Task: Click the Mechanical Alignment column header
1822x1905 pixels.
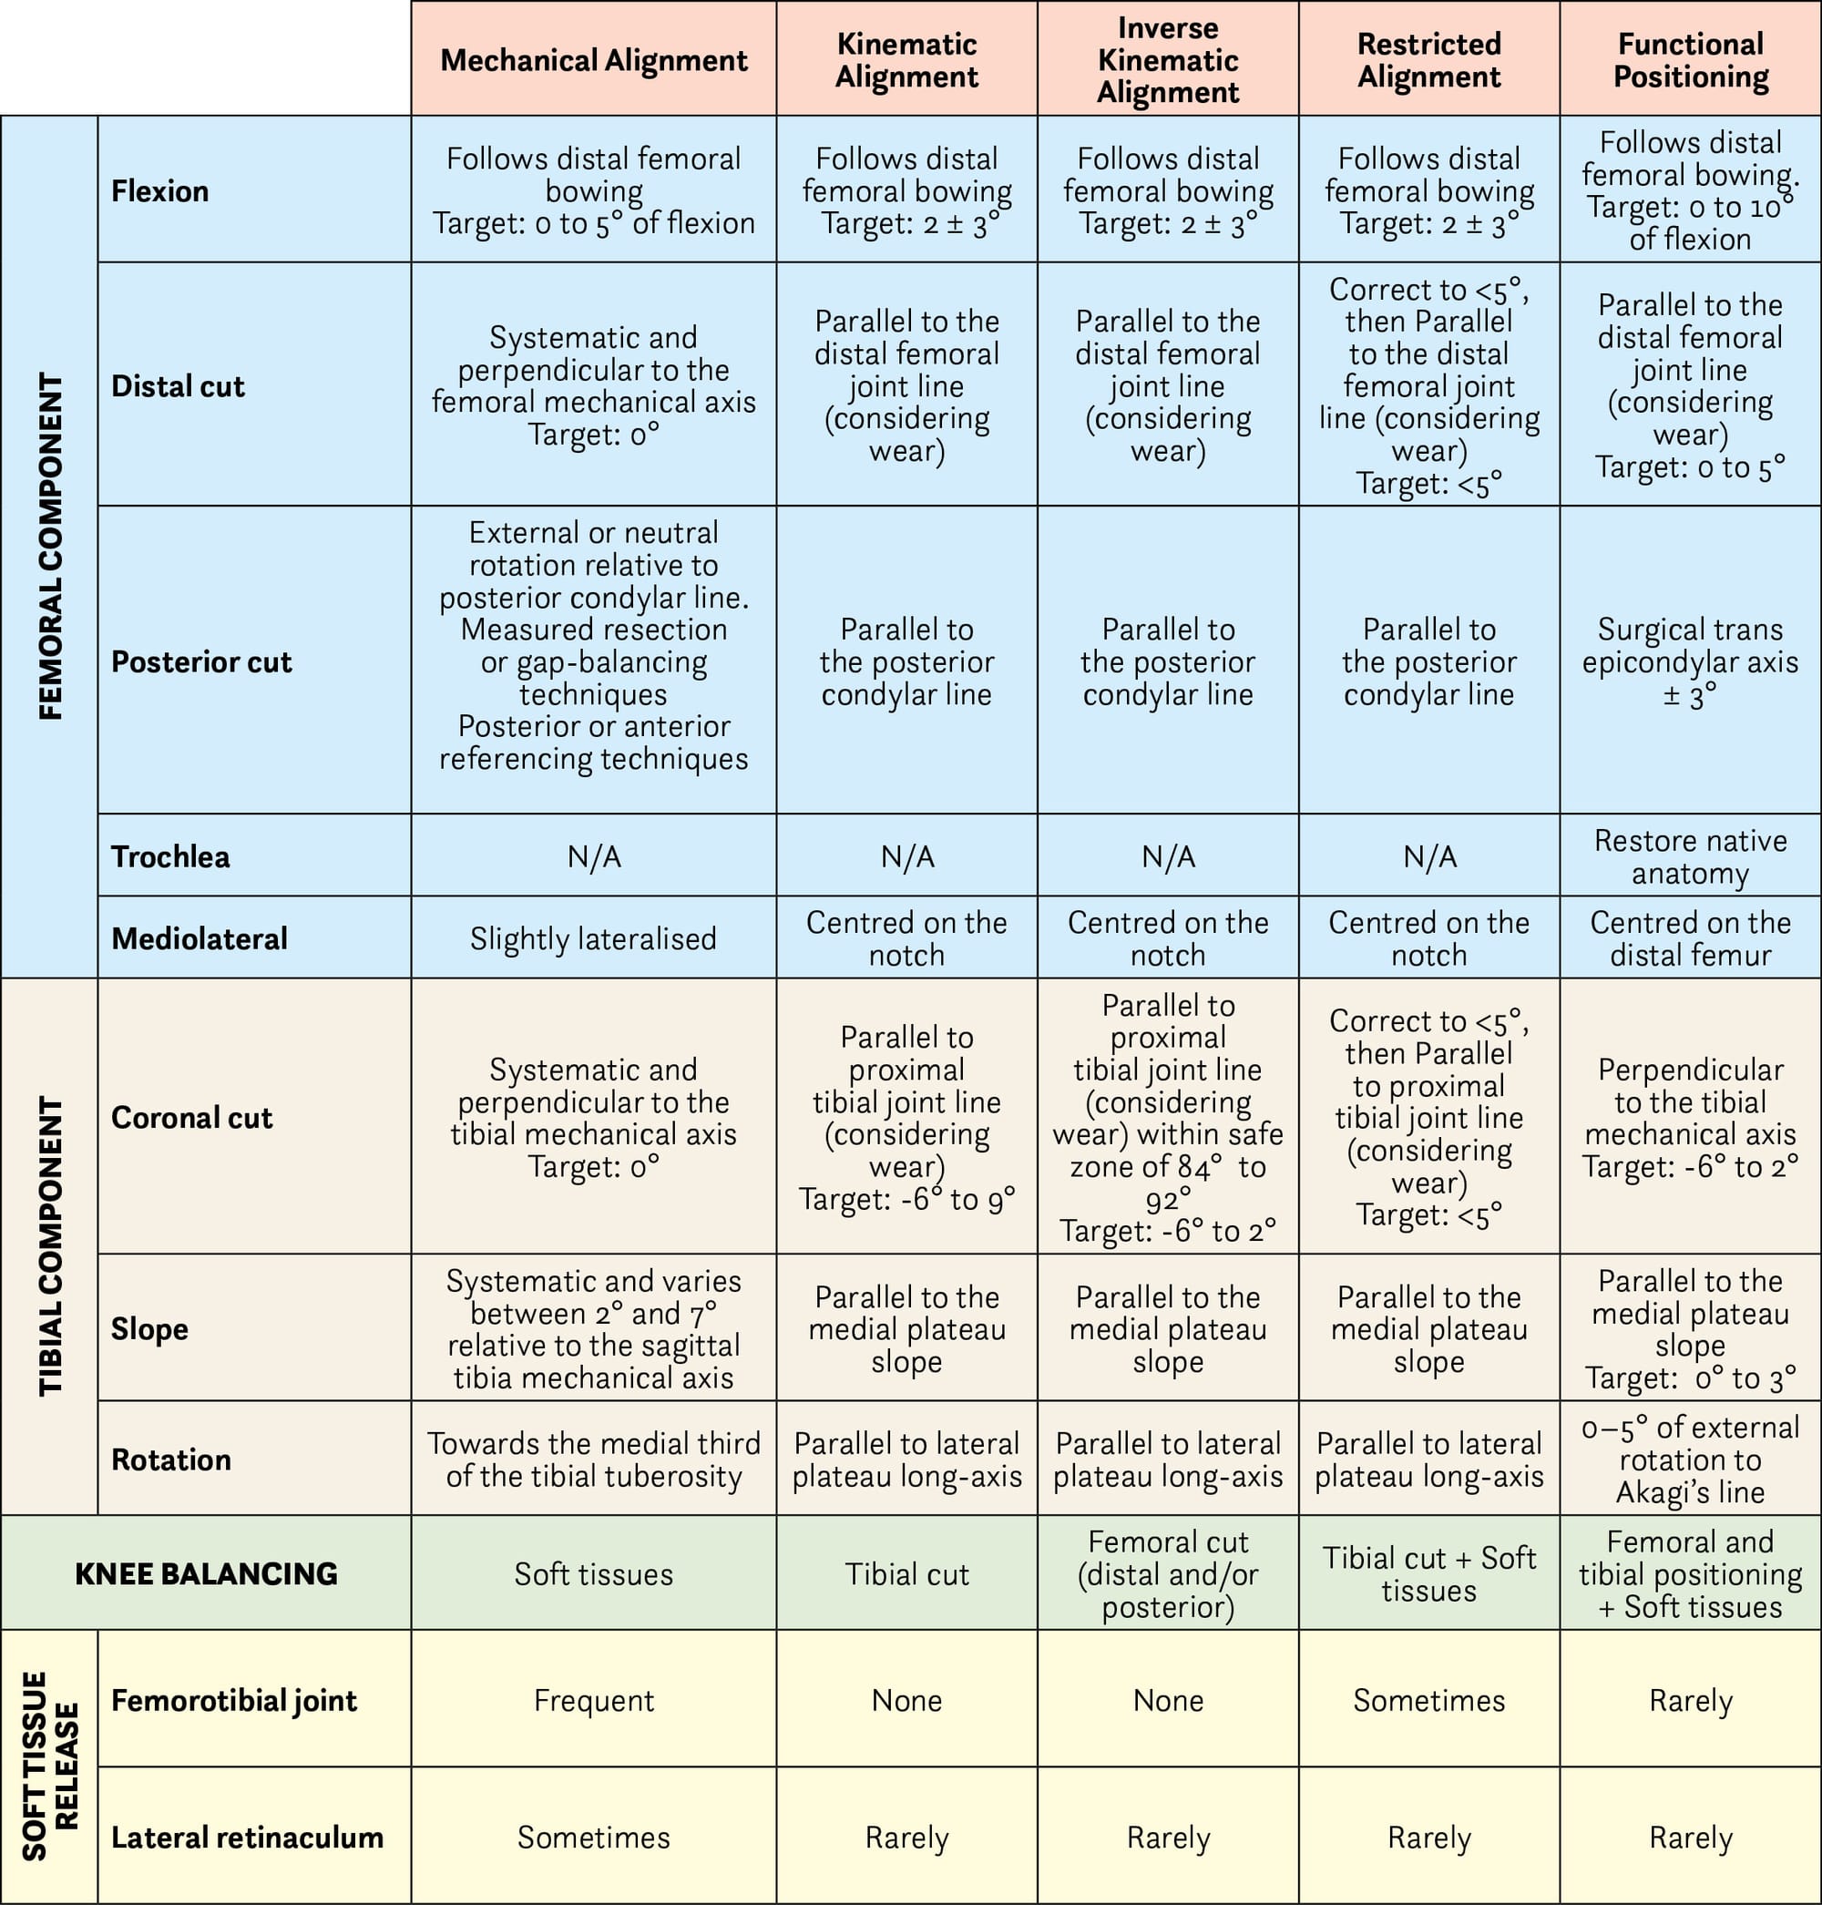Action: click(593, 60)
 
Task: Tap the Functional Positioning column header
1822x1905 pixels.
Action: click(1690, 60)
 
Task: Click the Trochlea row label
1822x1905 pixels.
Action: click(171, 855)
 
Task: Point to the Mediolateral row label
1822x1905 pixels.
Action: click(200, 938)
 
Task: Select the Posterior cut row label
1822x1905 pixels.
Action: click(201, 661)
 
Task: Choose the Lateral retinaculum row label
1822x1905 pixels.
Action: click(247, 1837)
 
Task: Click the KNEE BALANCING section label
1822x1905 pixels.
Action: click(206, 1572)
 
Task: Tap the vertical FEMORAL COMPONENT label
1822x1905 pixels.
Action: click(49, 546)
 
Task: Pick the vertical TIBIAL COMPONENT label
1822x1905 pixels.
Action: click(49, 1246)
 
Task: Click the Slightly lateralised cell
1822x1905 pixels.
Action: click(593, 938)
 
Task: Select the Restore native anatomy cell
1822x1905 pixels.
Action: click(1690, 855)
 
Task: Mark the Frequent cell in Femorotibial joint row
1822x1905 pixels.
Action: click(593, 1700)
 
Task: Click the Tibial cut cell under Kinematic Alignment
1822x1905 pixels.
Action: click(906, 1573)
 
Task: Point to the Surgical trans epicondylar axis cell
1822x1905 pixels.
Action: click(1690, 661)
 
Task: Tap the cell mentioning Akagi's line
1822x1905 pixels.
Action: click(1690, 1459)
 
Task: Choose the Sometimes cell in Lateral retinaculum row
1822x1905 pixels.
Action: click(593, 1837)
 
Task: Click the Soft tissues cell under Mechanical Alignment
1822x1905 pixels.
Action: click(593, 1573)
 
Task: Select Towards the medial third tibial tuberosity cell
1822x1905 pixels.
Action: click(593, 1459)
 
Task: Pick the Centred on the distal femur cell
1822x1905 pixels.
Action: click(1690, 938)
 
